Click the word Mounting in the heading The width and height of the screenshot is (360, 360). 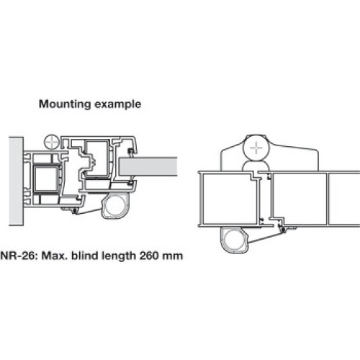click(x=65, y=104)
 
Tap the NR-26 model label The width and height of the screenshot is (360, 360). click(x=19, y=256)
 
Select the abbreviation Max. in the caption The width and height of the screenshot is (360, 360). click(x=55, y=256)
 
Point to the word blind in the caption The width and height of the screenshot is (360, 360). click(x=85, y=256)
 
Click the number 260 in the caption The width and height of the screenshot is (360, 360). click(x=149, y=256)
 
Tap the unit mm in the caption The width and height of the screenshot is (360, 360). click(x=173, y=256)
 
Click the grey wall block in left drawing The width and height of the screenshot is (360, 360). click(x=16, y=181)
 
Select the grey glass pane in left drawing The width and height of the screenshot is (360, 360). click(x=148, y=166)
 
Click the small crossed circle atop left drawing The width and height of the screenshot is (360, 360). click(x=52, y=142)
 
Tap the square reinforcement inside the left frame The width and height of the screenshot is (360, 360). click(x=46, y=179)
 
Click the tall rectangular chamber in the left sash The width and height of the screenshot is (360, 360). click(x=97, y=158)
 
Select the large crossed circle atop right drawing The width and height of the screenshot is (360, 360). click(x=256, y=148)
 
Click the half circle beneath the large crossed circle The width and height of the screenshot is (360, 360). click(x=256, y=166)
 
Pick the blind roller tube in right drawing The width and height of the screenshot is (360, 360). click(x=234, y=240)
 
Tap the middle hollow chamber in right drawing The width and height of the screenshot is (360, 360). click(x=300, y=199)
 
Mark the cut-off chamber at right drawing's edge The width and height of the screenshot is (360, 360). click(x=344, y=199)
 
